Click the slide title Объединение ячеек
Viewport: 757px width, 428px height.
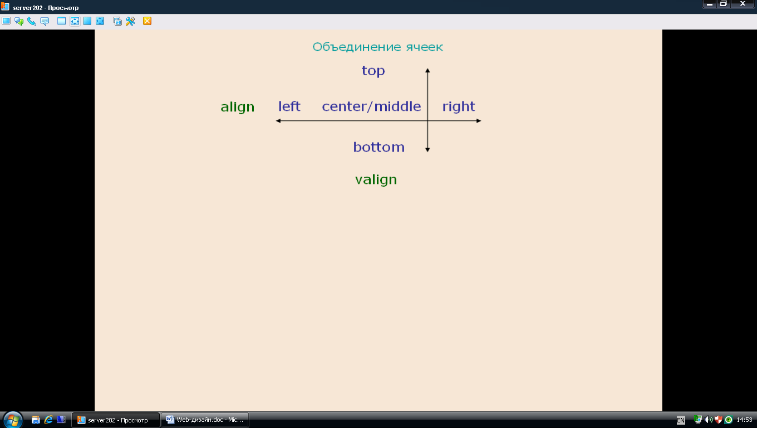point(377,47)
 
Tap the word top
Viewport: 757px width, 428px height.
point(373,71)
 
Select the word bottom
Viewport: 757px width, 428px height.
point(379,147)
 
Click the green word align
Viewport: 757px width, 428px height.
point(237,107)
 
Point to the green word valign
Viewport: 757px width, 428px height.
point(376,179)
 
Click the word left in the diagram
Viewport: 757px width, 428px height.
point(289,106)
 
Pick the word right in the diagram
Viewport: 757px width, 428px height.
point(459,106)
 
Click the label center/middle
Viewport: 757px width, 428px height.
point(371,106)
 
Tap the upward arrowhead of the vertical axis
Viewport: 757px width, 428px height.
point(427,70)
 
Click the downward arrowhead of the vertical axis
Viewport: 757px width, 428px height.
point(427,149)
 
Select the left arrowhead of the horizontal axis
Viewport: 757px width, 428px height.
point(278,121)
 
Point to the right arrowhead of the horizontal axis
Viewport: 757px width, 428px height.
point(479,121)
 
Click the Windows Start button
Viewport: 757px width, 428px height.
point(13,420)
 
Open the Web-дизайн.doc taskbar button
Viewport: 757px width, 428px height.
point(205,420)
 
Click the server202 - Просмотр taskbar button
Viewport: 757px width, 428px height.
point(115,420)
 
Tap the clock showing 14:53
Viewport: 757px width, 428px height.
point(745,420)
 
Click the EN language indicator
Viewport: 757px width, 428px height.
point(681,420)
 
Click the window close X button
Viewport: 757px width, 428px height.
point(743,4)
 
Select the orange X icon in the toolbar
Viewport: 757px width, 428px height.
point(147,21)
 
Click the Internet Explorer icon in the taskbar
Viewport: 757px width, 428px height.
point(48,420)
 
